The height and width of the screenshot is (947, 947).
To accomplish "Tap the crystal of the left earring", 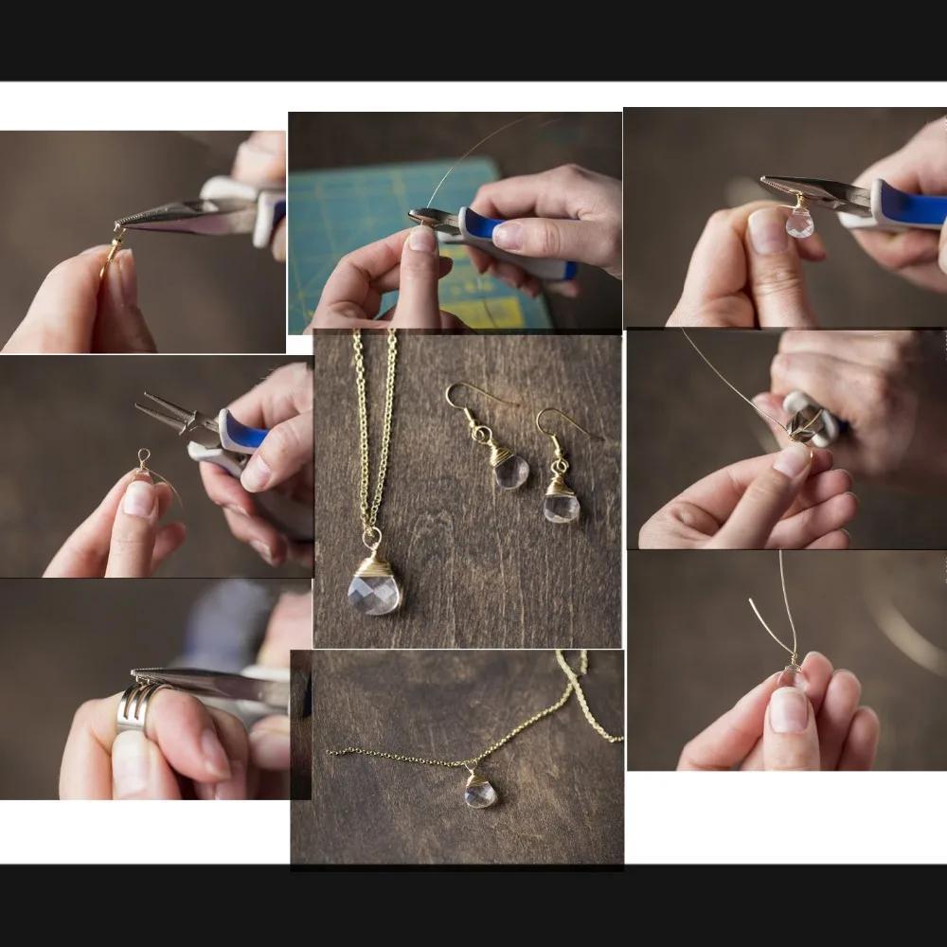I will coord(511,471).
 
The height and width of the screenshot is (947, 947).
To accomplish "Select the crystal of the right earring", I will coord(562,507).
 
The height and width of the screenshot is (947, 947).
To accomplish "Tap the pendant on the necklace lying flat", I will coord(480,792).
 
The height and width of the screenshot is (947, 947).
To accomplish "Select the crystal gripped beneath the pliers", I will coord(800,222).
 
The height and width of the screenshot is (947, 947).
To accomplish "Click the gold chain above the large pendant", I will coord(375,426).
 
